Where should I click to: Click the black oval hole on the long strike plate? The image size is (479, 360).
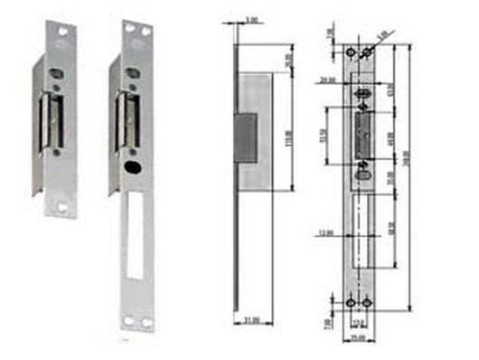tap(132, 169)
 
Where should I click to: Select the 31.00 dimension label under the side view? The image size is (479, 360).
tap(251, 319)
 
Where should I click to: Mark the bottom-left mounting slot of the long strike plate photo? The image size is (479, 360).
tap(128, 320)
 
